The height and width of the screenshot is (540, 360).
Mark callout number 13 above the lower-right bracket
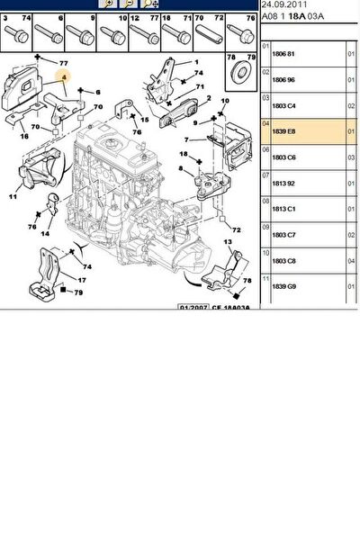click(x=228, y=243)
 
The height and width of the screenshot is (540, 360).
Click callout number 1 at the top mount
click(x=196, y=61)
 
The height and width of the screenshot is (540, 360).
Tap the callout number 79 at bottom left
click(x=79, y=292)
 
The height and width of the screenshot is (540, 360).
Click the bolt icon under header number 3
click(x=16, y=36)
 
